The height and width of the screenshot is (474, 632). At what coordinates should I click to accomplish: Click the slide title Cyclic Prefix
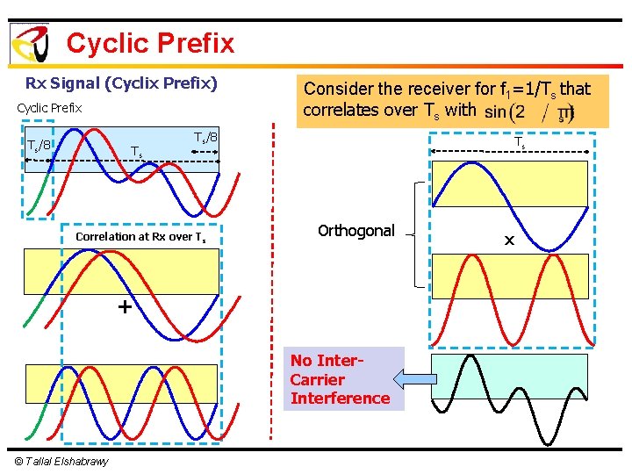tap(150, 43)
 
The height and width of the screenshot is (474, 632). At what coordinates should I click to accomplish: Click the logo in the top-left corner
tap(29, 44)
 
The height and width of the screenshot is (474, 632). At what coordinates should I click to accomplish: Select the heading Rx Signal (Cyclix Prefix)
tap(121, 84)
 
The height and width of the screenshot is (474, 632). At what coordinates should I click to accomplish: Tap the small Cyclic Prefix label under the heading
tap(49, 108)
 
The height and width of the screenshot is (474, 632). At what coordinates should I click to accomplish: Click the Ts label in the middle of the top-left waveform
tap(136, 152)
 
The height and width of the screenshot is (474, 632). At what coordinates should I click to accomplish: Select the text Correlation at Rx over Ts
tap(140, 237)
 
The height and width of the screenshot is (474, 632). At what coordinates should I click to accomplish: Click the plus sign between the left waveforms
tap(125, 307)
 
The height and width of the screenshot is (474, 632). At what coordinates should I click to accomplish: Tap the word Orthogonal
tap(356, 231)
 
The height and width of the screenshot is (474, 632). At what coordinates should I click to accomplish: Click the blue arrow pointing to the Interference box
tap(408, 379)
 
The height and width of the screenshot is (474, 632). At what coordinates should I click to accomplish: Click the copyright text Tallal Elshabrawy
tap(61, 462)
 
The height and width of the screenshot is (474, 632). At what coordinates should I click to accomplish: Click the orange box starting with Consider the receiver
tap(447, 100)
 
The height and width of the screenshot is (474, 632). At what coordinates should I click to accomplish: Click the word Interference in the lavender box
tap(340, 399)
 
